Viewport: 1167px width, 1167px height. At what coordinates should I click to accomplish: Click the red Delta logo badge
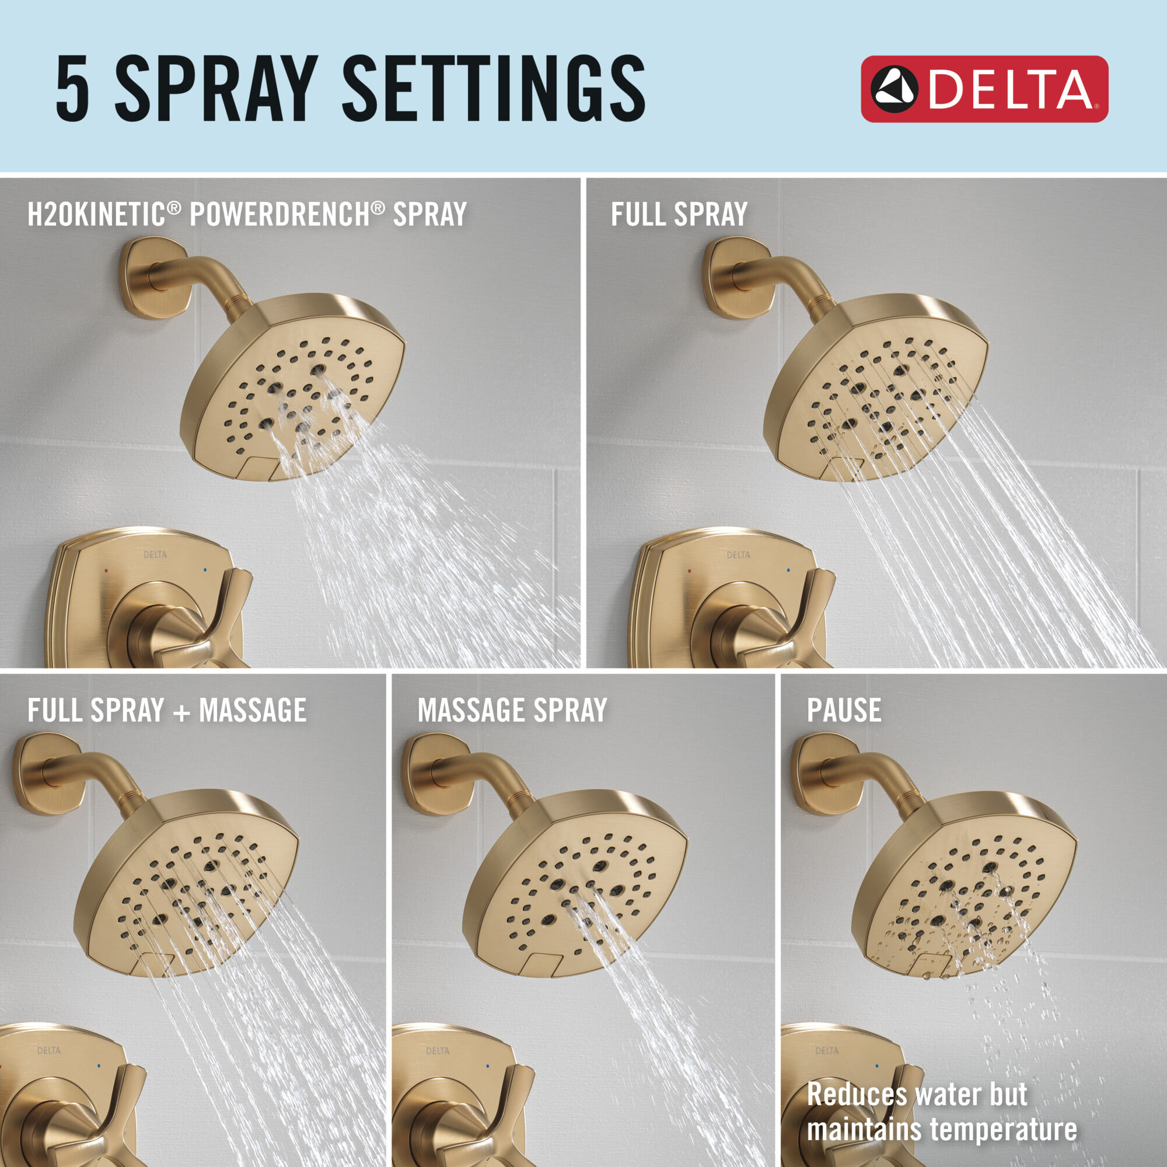pyautogui.click(x=983, y=89)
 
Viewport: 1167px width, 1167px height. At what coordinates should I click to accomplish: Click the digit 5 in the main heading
pyautogui.click(x=73, y=88)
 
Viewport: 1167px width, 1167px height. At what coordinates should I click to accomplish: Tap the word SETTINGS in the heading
pyautogui.click(x=493, y=88)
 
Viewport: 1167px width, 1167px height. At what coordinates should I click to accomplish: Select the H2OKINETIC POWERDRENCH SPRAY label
pyautogui.click(x=246, y=214)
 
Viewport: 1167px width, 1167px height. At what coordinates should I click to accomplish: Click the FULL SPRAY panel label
pyautogui.click(x=679, y=214)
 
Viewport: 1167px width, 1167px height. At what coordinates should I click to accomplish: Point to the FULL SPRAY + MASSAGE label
pyautogui.click(x=167, y=710)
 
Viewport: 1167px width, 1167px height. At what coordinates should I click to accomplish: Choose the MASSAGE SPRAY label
pyautogui.click(x=512, y=710)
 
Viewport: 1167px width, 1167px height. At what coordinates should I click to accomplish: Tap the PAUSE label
pyautogui.click(x=843, y=710)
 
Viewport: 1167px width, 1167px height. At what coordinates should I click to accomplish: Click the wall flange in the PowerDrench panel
pyautogui.click(x=154, y=278)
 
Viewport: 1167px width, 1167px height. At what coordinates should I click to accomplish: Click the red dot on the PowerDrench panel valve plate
pyautogui.click(x=106, y=570)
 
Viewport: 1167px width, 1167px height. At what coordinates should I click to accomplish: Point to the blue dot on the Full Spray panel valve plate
pyautogui.click(x=788, y=569)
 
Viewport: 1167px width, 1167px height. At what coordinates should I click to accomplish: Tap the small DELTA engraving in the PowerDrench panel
pyautogui.click(x=155, y=554)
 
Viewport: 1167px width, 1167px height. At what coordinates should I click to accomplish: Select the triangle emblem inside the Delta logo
pyautogui.click(x=895, y=89)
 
